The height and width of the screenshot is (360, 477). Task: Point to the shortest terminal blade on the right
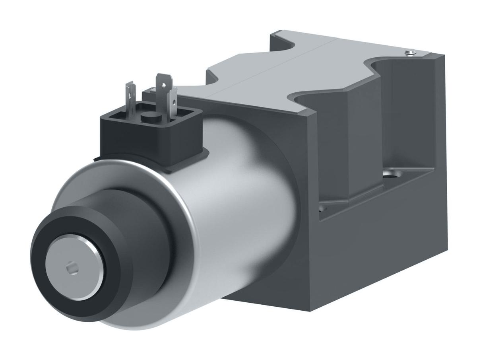pos(173,103)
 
